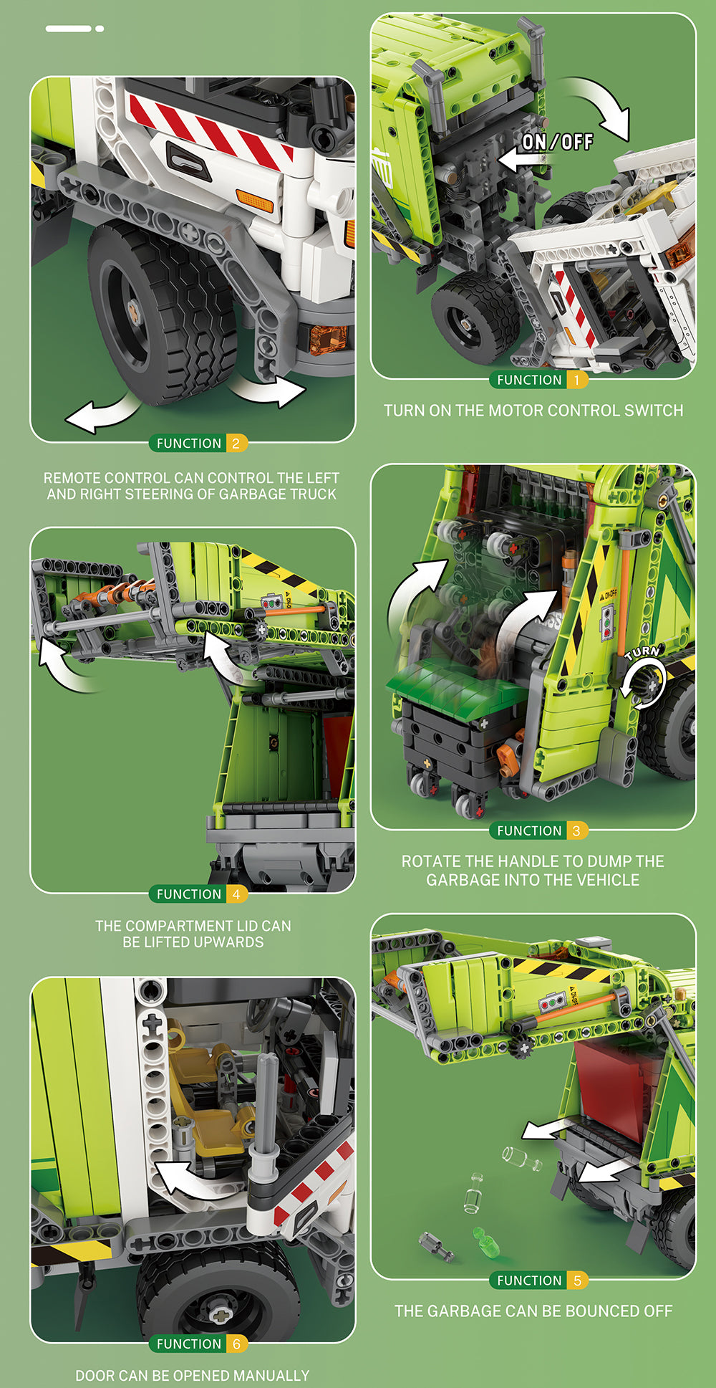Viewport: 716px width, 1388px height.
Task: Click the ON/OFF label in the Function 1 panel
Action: coord(558,142)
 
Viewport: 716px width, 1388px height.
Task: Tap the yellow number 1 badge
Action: coord(577,380)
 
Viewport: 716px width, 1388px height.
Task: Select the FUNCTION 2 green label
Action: coord(188,444)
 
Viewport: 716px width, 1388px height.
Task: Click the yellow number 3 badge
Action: coord(577,831)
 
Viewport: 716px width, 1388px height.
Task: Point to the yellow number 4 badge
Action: coord(236,894)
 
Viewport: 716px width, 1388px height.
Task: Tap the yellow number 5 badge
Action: coord(577,1281)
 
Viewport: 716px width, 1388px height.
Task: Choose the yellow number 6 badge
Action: coord(236,1344)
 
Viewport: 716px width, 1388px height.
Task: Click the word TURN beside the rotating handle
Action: coord(642,652)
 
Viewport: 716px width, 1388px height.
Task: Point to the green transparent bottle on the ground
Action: coord(485,1238)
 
